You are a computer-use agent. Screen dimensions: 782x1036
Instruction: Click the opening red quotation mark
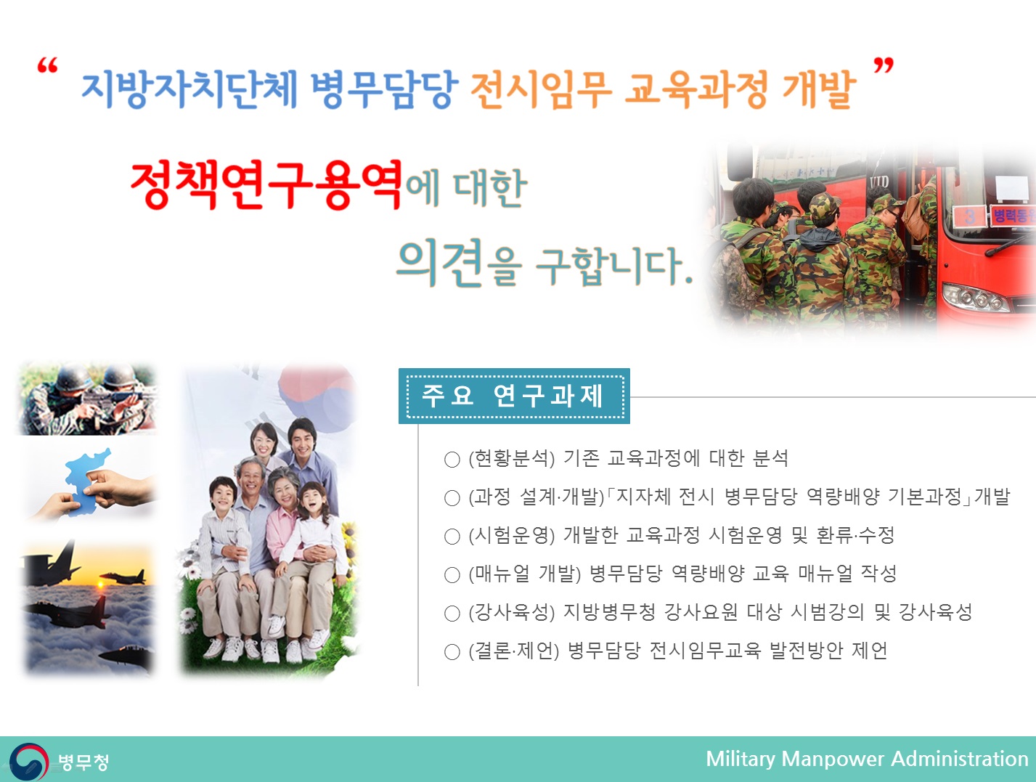tap(47, 67)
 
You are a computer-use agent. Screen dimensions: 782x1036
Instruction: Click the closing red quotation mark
tap(883, 67)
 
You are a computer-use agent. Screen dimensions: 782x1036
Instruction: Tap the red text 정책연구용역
tap(266, 185)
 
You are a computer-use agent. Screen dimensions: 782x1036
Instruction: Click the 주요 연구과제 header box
tap(514, 396)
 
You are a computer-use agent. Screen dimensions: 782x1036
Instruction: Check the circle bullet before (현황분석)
tap(452, 460)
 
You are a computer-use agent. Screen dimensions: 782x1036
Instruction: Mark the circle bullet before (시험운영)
tap(452, 537)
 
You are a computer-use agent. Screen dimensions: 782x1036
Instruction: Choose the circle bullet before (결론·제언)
tap(452, 652)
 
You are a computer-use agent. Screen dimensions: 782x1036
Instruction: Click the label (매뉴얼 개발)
tap(525, 574)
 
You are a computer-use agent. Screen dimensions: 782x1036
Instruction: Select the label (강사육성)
tap(511, 613)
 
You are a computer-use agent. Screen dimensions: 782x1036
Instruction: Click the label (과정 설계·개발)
tap(537, 497)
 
